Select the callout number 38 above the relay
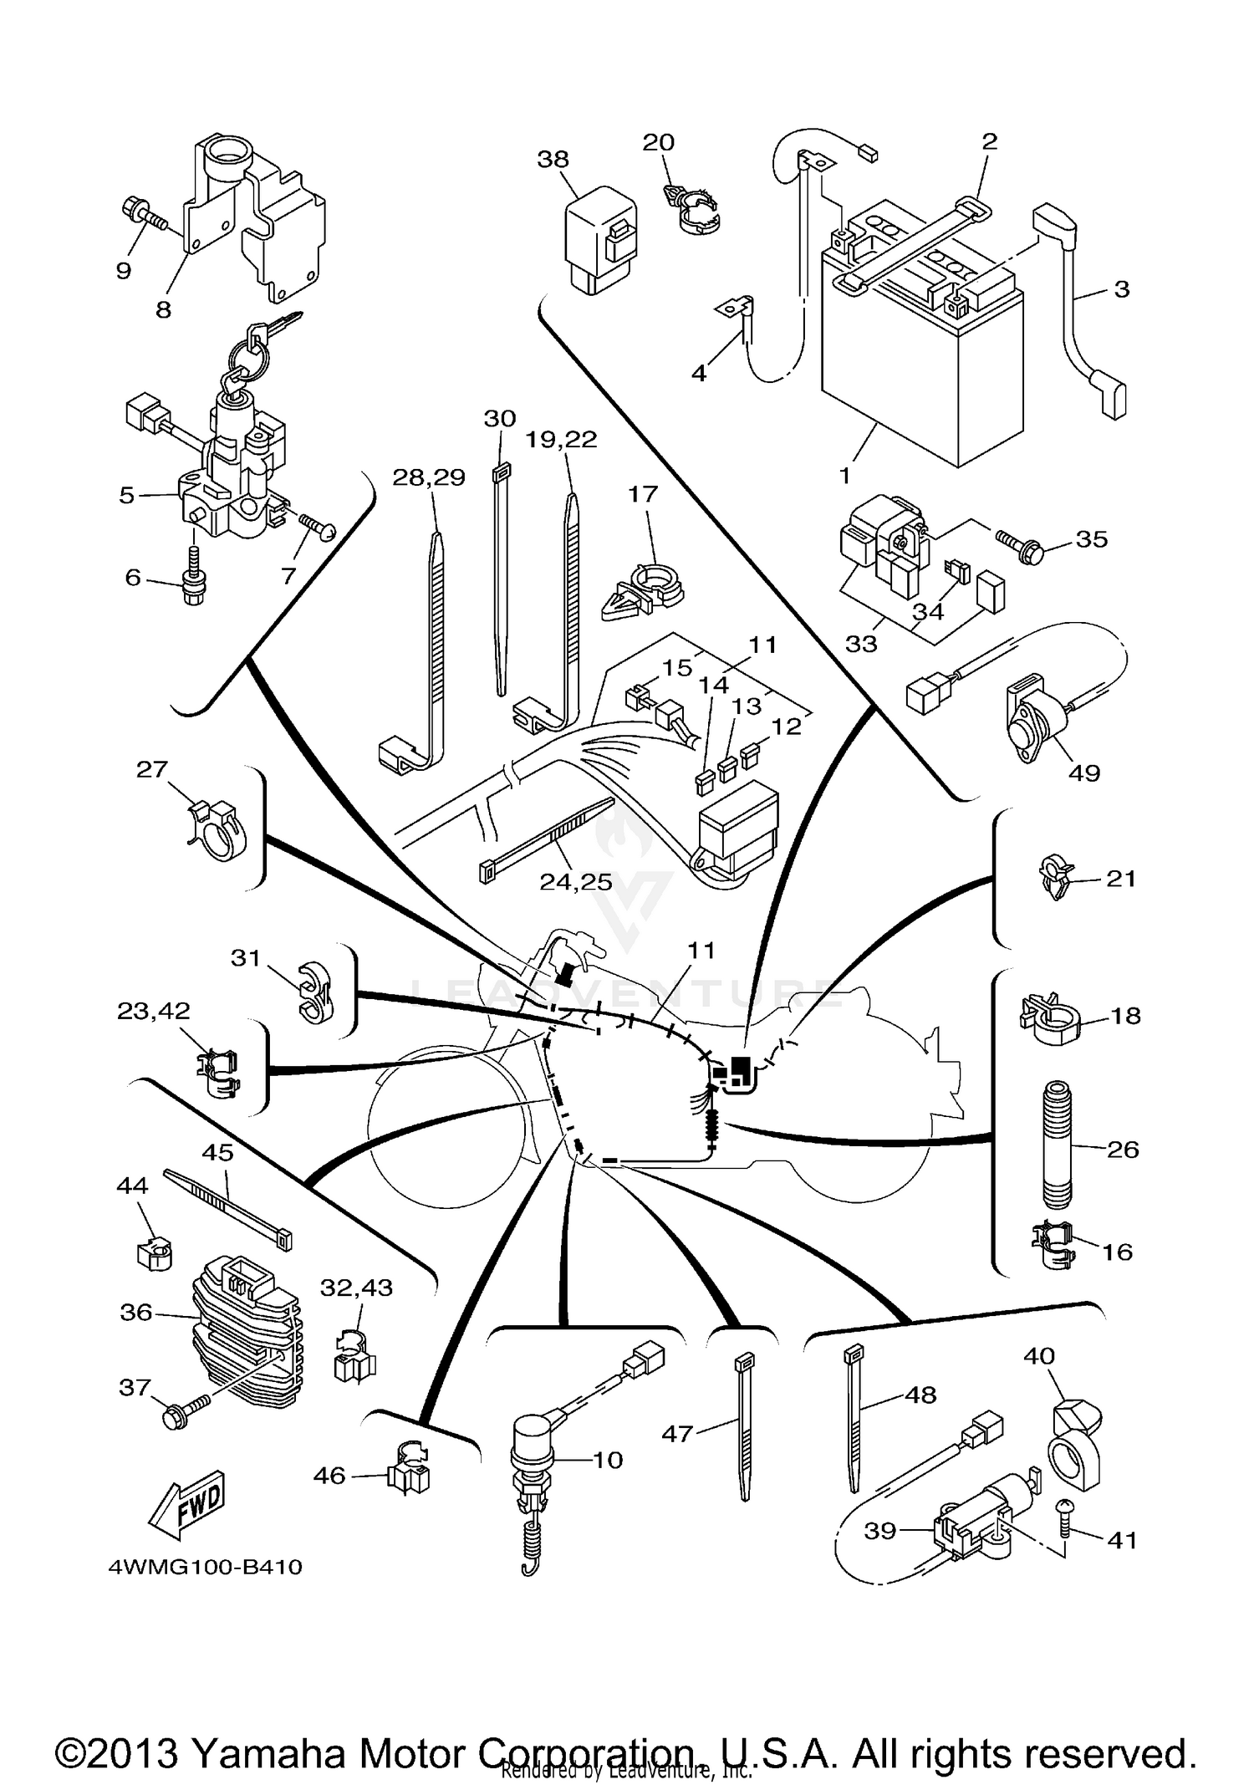553,159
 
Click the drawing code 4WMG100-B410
205,1567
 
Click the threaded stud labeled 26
1058,1145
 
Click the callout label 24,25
575,882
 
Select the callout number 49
1084,773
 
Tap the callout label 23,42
153,1011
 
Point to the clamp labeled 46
408,1471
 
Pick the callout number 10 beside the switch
608,1460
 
